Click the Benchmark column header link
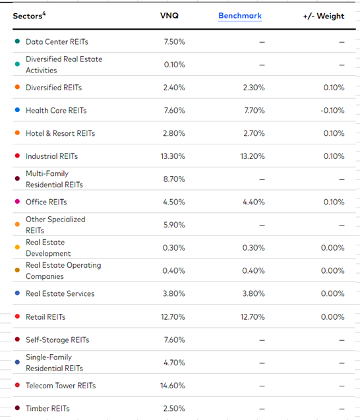pos(240,16)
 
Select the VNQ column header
pos(169,16)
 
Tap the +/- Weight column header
pos(324,16)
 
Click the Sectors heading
pos(29,16)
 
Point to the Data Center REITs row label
pos(57,42)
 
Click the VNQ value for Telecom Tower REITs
pos(173,386)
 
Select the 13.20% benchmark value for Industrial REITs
pos(253,156)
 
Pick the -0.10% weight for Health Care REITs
pos(332,110)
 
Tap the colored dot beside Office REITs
pos(17,202)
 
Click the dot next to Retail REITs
pos(17,316)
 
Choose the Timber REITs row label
pos(47,409)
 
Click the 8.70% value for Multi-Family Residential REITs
pos(174,179)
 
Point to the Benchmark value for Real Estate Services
pos(253,293)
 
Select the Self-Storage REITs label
pos(57,340)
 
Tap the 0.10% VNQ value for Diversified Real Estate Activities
pos(174,65)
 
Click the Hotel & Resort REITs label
pos(60,133)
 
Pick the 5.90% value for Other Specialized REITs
pos(174,225)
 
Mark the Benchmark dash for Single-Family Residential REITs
pos(262,363)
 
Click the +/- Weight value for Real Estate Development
pos(333,248)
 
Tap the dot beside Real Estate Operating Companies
pos(17,270)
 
